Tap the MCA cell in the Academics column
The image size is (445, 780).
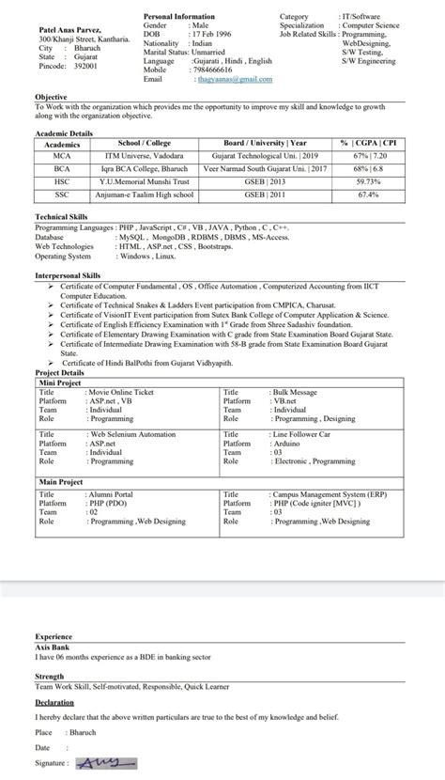tap(62, 154)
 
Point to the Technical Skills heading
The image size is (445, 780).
tap(62, 216)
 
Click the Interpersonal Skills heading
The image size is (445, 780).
tap(68, 275)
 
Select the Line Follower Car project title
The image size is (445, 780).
tap(300, 434)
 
